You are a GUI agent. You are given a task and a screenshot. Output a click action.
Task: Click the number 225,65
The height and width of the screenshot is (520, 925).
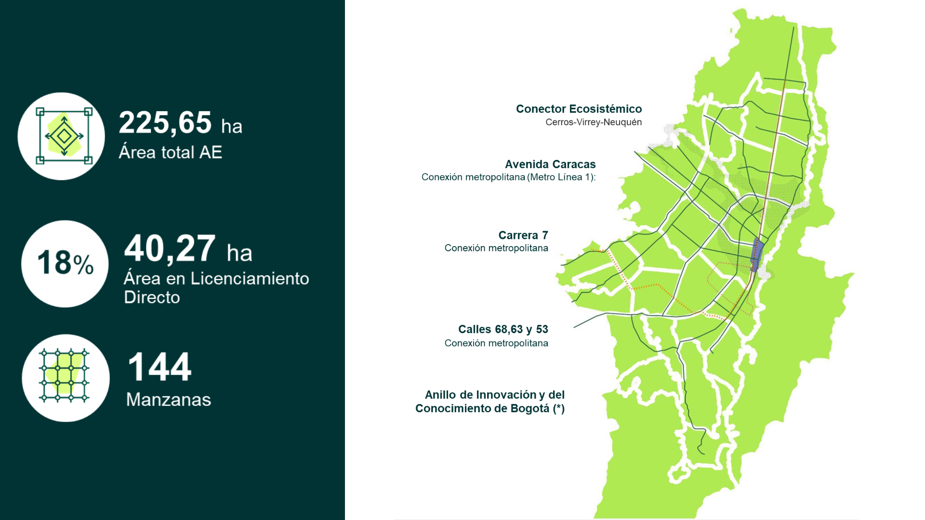tap(165, 123)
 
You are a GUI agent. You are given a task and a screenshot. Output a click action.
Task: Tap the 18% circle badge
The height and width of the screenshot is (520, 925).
tap(65, 264)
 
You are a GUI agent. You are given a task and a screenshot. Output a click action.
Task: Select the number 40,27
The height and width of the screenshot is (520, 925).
tap(170, 249)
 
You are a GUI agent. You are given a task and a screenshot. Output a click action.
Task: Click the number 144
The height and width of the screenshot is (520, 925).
tap(159, 367)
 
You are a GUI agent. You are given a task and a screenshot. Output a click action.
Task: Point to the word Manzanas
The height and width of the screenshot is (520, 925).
tap(169, 400)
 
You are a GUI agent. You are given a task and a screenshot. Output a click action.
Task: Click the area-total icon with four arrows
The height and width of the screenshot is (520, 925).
tap(64, 136)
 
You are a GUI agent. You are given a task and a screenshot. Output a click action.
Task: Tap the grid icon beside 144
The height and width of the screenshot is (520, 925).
tap(64, 376)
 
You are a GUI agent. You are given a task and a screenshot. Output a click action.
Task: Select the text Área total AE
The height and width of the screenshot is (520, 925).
tap(170, 153)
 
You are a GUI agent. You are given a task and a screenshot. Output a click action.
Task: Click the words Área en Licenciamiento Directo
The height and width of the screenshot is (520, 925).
tap(216, 287)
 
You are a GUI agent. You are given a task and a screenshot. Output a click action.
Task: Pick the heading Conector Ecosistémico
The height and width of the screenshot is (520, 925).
tap(579, 109)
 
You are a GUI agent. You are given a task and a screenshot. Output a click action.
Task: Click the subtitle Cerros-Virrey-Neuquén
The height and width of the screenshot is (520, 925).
tap(594, 122)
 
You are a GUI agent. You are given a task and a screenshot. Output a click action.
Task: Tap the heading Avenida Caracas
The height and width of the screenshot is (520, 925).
tap(550, 164)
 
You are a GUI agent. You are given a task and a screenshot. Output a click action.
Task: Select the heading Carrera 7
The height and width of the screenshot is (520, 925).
tap(523, 235)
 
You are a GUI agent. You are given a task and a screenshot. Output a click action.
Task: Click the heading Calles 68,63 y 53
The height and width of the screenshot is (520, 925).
tap(503, 329)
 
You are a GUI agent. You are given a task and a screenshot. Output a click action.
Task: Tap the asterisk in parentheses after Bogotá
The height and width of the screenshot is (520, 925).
tap(558, 409)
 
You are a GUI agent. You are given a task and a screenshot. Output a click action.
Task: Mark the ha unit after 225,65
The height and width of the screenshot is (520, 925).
tap(232, 127)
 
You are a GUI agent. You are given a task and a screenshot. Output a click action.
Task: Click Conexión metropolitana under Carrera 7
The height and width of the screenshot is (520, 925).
tap(496, 248)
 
